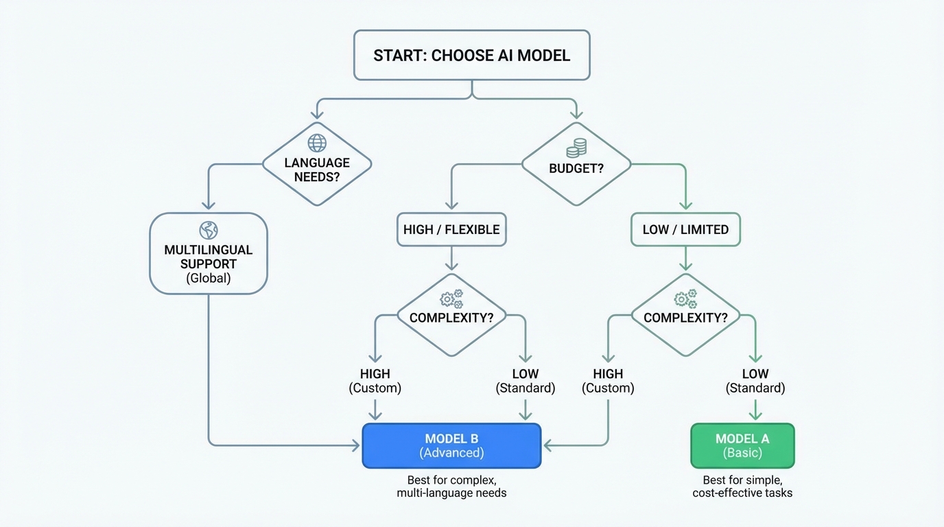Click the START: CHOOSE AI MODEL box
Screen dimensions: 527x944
click(x=471, y=55)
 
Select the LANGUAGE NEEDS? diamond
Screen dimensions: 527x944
click(x=317, y=165)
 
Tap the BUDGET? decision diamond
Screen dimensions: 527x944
click(x=576, y=165)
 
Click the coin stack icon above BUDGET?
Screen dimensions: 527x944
click(x=576, y=148)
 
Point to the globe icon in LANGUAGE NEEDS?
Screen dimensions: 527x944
click(x=317, y=143)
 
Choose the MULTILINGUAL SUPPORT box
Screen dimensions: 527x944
click(x=209, y=254)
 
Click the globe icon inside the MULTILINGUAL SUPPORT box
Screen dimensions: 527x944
click(x=208, y=230)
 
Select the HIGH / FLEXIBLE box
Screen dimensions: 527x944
click(x=451, y=230)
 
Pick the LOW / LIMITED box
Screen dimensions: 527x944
click(x=685, y=230)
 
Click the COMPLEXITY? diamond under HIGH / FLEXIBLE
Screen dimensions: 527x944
click(x=451, y=316)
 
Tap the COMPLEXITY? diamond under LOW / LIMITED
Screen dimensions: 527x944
click(x=685, y=316)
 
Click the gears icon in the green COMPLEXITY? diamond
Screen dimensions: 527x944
click(x=685, y=299)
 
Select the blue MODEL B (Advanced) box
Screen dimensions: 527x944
click(x=451, y=446)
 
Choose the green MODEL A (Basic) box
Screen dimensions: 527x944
click(x=742, y=446)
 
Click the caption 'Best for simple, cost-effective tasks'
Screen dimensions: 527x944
click(x=742, y=487)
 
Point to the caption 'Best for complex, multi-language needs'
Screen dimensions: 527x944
click(x=451, y=487)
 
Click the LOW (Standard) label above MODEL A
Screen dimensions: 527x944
click(x=755, y=381)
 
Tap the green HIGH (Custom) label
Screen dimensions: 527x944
click(x=608, y=381)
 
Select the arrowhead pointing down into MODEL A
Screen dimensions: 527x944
click(x=755, y=414)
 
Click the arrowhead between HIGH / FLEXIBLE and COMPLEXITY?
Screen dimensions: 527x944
click(x=451, y=265)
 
